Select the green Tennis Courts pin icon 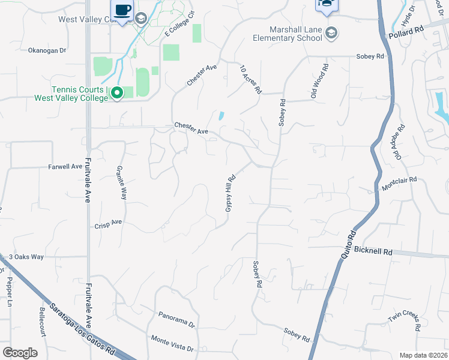coord(117,93)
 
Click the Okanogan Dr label coord(47,50)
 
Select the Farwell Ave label coord(65,166)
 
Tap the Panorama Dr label coord(177,318)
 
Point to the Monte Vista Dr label coord(173,343)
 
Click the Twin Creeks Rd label coord(403,320)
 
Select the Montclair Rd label coord(399,184)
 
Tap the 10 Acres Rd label coord(252,79)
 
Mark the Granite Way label coord(122,182)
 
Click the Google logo coord(20,352)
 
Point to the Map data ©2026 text coord(423,355)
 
